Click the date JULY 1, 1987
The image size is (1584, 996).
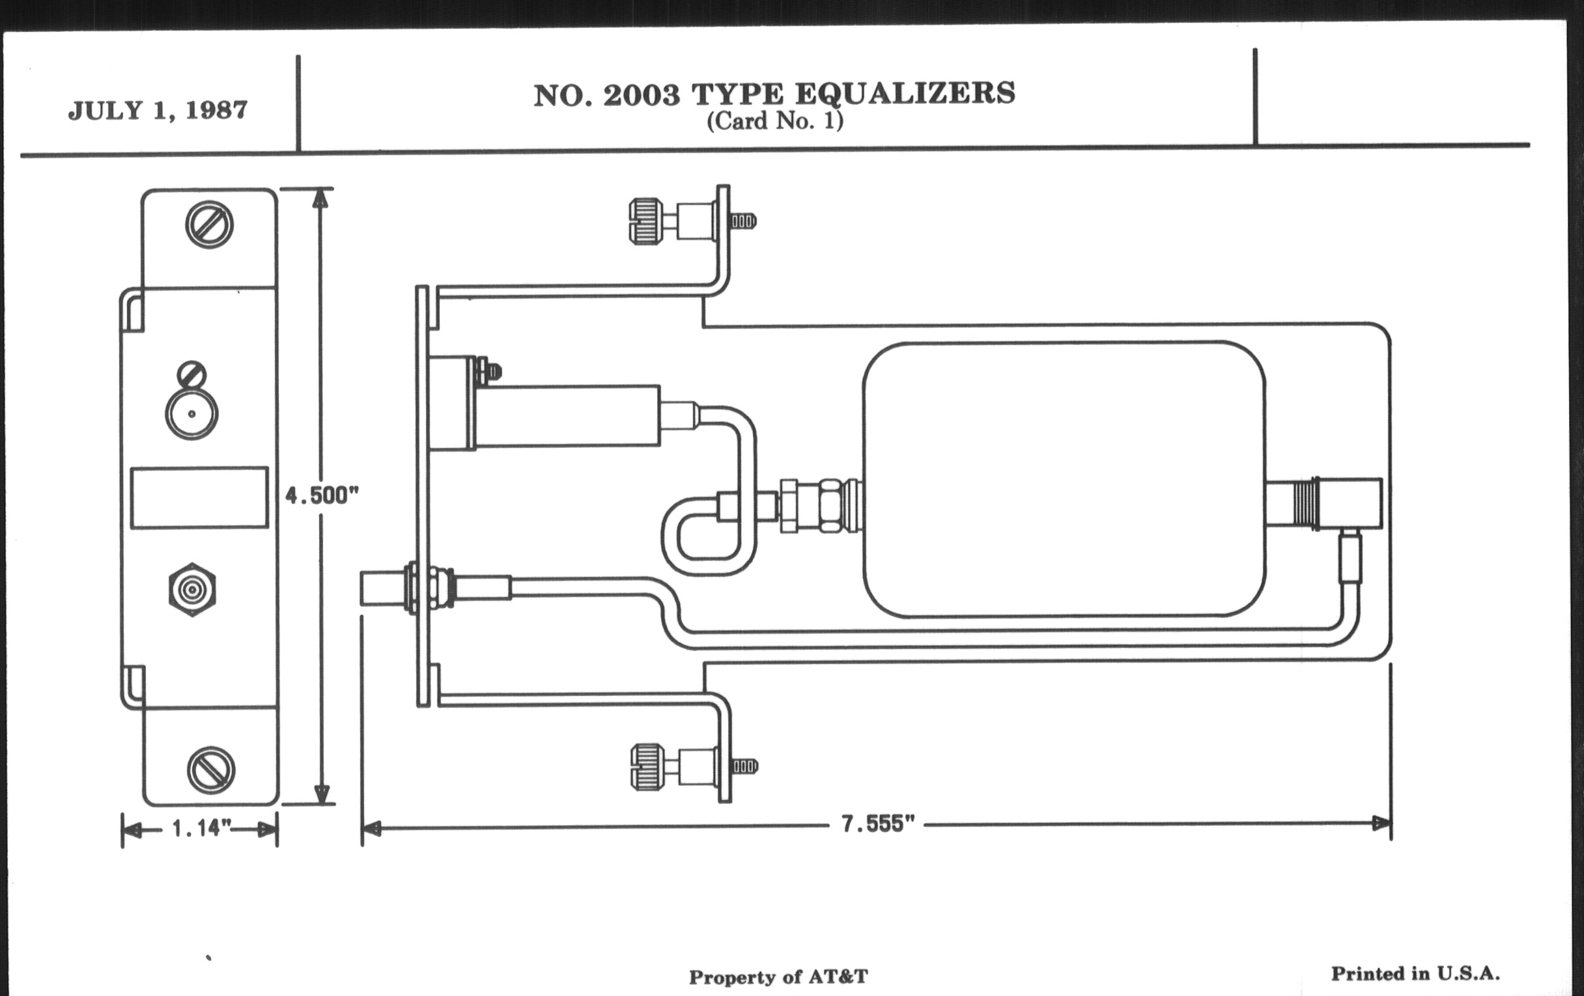[x=158, y=110]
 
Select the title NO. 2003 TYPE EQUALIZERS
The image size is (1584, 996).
[x=774, y=95]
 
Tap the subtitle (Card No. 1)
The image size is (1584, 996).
[x=774, y=122]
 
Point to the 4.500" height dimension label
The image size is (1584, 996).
[x=322, y=495]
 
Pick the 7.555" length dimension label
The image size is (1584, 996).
[x=877, y=823]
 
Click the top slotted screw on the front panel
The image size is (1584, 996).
[x=209, y=225]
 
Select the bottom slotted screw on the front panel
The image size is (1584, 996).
[x=210, y=770]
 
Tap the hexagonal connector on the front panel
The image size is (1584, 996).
[x=192, y=590]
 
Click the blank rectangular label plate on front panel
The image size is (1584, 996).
[x=199, y=497]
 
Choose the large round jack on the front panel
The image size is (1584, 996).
[x=191, y=414]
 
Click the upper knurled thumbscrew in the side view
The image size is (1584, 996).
[x=646, y=221]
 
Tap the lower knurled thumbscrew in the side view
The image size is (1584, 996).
[x=647, y=767]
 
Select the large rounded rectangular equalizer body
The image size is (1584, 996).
[x=1064, y=479]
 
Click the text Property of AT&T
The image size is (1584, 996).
[x=778, y=977]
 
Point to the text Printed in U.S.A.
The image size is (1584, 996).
[x=1415, y=974]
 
